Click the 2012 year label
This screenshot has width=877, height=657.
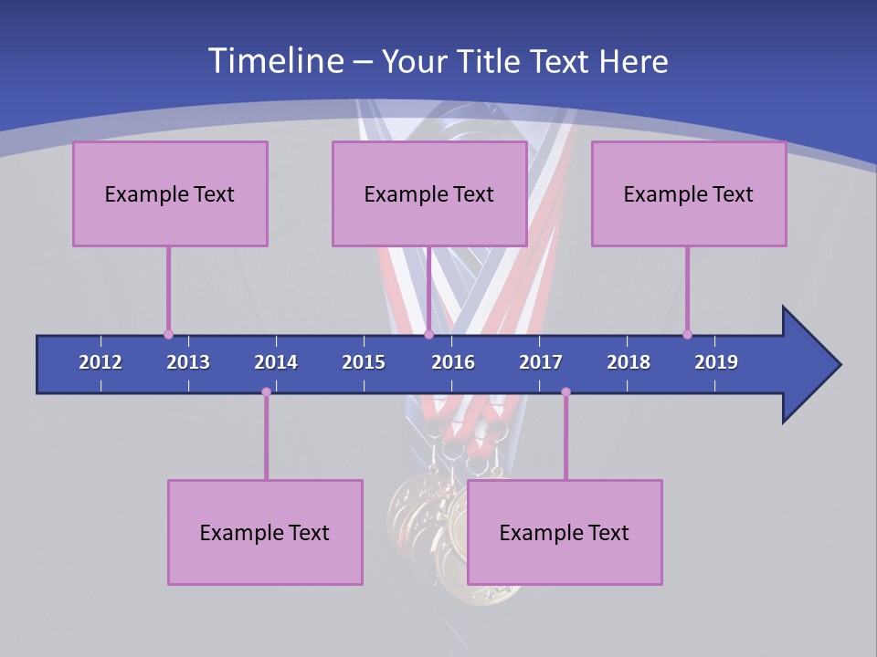[x=100, y=362]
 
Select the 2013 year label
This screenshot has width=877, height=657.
[x=188, y=362]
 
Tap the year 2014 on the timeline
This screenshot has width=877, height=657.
[x=276, y=362]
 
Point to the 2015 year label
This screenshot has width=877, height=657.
[x=364, y=362]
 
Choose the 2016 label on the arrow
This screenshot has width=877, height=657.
[x=453, y=362]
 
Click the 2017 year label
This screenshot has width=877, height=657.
[x=541, y=362]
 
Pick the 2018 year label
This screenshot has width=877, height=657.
[x=629, y=362]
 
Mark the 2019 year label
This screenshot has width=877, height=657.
[x=716, y=362]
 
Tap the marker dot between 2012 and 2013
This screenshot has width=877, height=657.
[x=168, y=334]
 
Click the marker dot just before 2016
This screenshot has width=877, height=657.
[x=428, y=334]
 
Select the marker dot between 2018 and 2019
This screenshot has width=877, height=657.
[x=687, y=334]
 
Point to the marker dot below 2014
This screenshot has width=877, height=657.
[x=266, y=392]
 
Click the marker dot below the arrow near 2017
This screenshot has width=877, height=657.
[x=565, y=392]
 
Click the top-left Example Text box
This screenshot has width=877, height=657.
[x=170, y=193]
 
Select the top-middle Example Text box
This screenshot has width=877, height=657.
[x=429, y=193]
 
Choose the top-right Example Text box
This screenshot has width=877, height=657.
[x=689, y=193]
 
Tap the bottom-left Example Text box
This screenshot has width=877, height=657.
[x=265, y=532]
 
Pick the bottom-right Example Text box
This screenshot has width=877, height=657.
[x=565, y=532]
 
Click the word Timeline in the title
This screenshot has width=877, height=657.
[x=275, y=61]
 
